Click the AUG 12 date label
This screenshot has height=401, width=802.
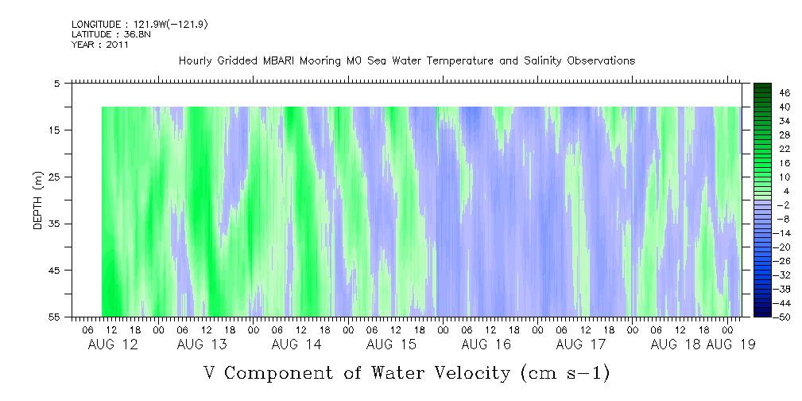coord(107,345)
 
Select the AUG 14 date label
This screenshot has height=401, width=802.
coord(296,345)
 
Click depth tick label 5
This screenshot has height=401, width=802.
coord(56,83)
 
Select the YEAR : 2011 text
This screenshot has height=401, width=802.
coord(99,45)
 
